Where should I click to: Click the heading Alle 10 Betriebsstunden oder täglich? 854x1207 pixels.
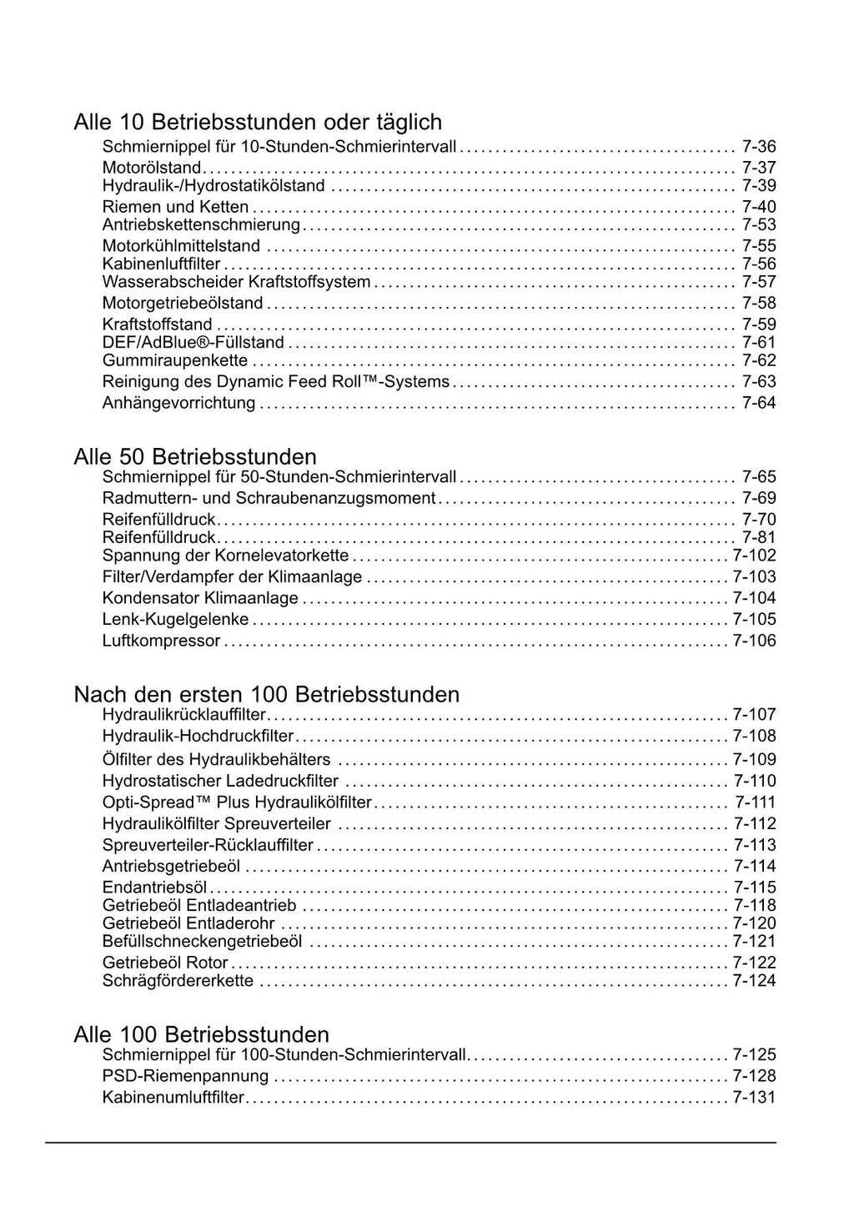click(258, 123)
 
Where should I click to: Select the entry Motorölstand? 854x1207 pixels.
click(152, 168)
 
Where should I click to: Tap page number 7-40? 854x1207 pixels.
click(759, 207)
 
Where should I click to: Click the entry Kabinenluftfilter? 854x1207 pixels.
click(161, 264)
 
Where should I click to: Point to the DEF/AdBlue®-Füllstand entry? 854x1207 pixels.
click(193, 343)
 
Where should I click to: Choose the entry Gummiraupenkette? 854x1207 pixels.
click(175, 360)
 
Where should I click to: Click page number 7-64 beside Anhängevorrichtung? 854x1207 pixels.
click(759, 403)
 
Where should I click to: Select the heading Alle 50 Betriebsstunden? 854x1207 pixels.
click(195, 457)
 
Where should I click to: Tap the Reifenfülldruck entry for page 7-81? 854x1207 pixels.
click(159, 538)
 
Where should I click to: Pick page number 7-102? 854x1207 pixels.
click(754, 556)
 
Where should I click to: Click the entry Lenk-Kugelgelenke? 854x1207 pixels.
click(176, 620)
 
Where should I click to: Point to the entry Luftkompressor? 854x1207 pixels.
click(162, 641)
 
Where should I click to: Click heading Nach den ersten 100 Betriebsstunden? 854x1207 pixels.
click(267, 695)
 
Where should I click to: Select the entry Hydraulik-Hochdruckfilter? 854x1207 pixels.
click(198, 737)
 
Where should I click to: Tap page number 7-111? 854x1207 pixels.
click(755, 802)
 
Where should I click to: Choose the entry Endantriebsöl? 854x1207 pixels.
click(155, 888)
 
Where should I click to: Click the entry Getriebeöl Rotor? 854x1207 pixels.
click(165, 963)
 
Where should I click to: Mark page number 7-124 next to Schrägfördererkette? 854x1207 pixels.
click(754, 981)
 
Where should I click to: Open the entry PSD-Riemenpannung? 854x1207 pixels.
click(186, 1076)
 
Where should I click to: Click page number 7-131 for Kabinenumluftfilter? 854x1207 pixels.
click(754, 1098)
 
